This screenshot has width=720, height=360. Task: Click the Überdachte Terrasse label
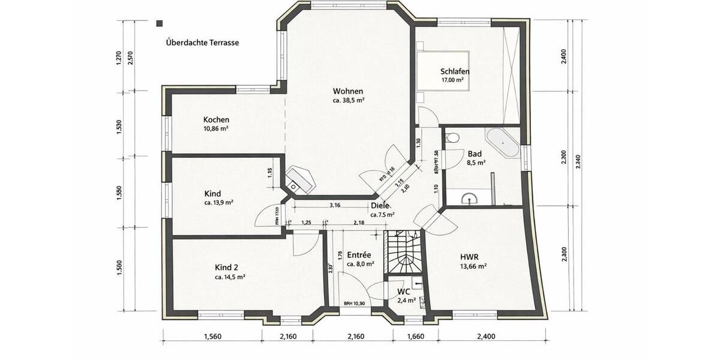(203, 43)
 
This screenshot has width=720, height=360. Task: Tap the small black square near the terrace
(160, 24)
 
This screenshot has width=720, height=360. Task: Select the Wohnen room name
(348, 91)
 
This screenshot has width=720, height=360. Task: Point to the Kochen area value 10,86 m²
(215, 129)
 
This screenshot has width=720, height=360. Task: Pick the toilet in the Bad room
(453, 137)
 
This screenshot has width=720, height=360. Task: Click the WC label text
(404, 292)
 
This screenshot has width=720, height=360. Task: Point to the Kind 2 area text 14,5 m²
(230, 277)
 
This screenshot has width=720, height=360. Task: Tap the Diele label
(380, 206)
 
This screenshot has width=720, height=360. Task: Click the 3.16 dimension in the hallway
(335, 205)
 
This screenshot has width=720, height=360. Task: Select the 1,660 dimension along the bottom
(415, 337)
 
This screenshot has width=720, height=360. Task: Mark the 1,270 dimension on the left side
(119, 58)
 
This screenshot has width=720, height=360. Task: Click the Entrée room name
(359, 255)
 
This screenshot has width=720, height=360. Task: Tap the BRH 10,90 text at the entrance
(354, 304)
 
